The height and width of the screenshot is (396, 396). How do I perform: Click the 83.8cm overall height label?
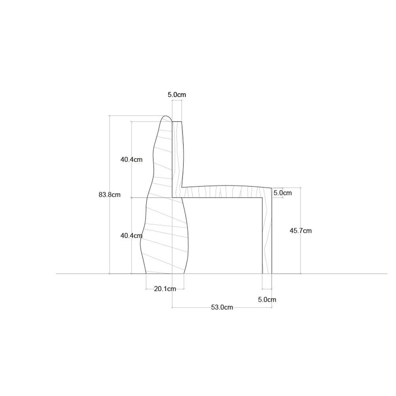tap(109, 195)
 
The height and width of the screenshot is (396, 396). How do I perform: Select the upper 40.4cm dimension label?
tap(131, 160)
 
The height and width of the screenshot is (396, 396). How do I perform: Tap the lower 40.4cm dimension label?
tap(131, 236)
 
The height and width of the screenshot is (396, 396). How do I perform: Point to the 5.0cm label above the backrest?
tap(177, 95)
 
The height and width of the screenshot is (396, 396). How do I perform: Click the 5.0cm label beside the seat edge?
tap(283, 193)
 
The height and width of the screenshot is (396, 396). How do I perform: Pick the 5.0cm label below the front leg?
tap(267, 299)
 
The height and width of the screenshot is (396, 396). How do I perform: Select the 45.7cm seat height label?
tap(301, 231)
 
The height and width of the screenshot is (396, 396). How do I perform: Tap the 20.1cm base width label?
tap(165, 289)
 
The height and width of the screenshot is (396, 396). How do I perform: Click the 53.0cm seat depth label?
tap(222, 307)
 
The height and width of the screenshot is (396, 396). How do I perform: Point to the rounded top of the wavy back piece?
tap(166, 116)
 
